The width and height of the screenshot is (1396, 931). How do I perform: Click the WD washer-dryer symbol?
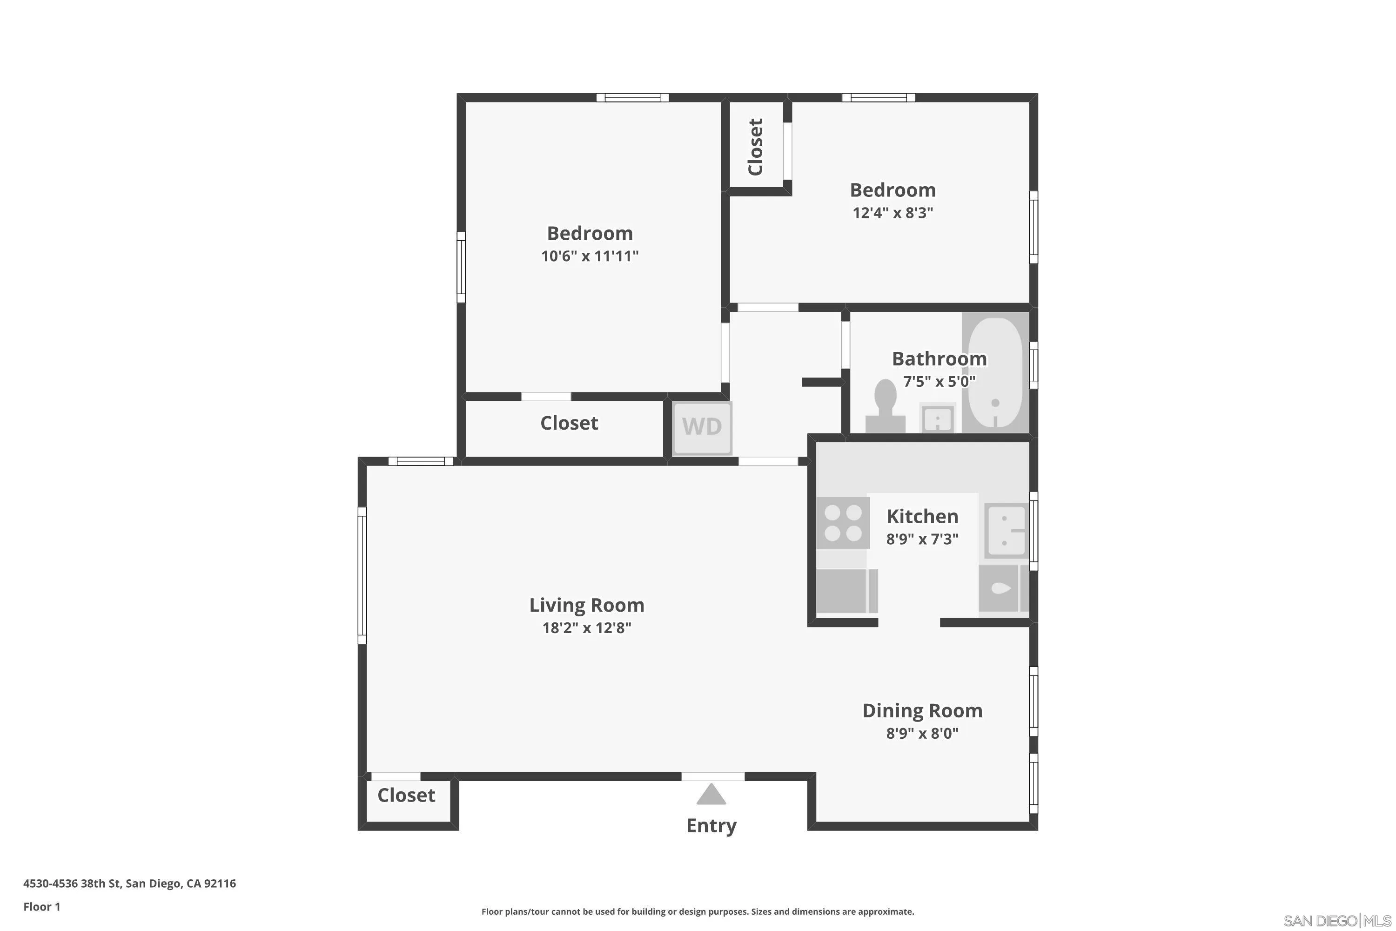702,427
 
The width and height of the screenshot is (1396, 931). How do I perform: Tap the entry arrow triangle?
711,795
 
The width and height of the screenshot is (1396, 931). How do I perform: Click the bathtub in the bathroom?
995,373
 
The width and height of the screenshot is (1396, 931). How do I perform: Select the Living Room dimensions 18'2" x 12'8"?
586,628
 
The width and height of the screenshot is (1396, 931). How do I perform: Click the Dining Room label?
922,711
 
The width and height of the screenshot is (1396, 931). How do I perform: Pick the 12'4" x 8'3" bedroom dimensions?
893,213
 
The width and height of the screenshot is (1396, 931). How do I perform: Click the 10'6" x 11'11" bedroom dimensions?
590,256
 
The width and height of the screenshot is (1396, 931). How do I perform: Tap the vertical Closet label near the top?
755,147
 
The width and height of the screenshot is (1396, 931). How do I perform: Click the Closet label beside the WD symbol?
569,423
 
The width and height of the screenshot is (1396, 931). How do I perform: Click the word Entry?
711,825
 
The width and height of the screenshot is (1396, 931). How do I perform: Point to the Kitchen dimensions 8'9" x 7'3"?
922,539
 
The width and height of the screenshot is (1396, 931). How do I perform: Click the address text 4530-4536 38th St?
129,884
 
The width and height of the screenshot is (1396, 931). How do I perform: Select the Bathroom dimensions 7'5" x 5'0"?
939,381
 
